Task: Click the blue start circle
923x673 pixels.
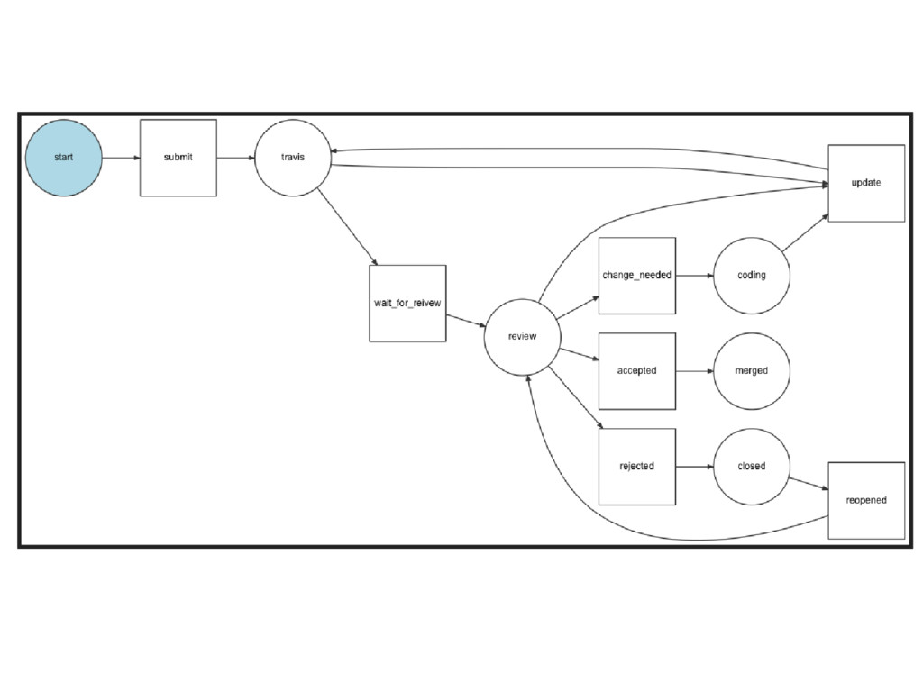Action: tap(64, 158)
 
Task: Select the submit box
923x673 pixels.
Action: tap(178, 158)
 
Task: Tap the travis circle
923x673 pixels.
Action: tap(292, 158)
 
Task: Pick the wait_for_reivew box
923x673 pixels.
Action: tap(407, 303)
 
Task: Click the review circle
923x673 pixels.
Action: tap(522, 337)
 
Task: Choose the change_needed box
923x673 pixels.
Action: tap(637, 276)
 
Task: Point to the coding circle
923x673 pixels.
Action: tap(752, 276)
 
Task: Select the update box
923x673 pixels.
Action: tap(866, 183)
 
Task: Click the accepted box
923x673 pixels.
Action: tap(637, 371)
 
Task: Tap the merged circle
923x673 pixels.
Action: tap(752, 371)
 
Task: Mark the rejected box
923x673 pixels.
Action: tap(637, 467)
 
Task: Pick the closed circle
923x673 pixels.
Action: tap(752, 467)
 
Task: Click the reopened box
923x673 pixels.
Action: tap(866, 501)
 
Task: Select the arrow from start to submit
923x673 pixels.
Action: tap(121, 158)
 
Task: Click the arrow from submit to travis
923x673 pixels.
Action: tap(235, 158)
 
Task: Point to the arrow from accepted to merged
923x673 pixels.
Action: tap(694, 371)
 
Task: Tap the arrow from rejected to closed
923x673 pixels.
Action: tap(694, 467)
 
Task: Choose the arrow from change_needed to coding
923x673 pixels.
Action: tap(694, 276)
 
